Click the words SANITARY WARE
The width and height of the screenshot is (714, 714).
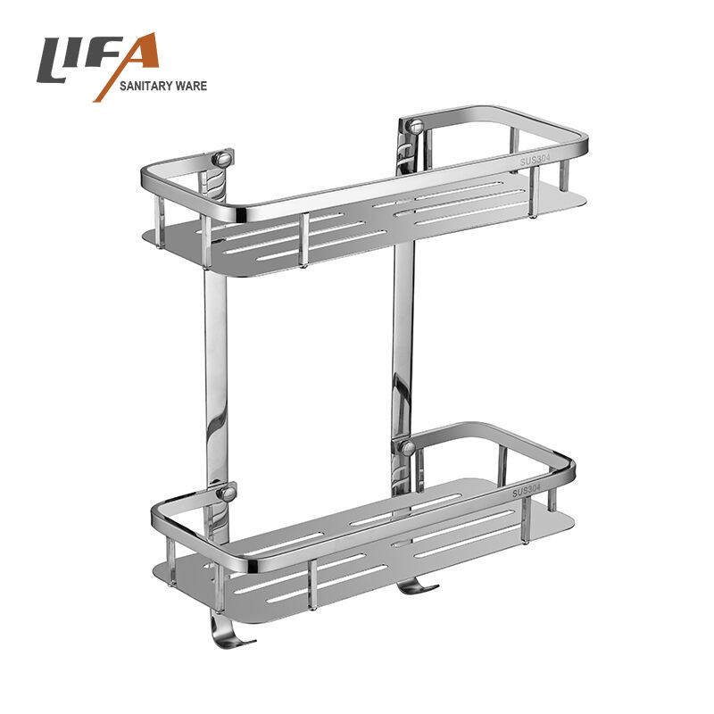pyautogui.click(x=163, y=86)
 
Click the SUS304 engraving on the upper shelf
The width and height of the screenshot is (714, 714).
pyautogui.click(x=535, y=160)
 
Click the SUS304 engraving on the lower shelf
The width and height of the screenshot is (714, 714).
pyautogui.click(x=527, y=490)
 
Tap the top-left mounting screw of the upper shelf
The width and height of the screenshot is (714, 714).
pyautogui.click(x=222, y=159)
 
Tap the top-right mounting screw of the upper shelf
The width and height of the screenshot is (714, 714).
pyautogui.click(x=415, y=125)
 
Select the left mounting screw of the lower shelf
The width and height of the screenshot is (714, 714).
pyautogui.click(x=227, y=494)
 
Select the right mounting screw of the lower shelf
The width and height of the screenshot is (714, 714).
pyautogui.click(x=407, y=448)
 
